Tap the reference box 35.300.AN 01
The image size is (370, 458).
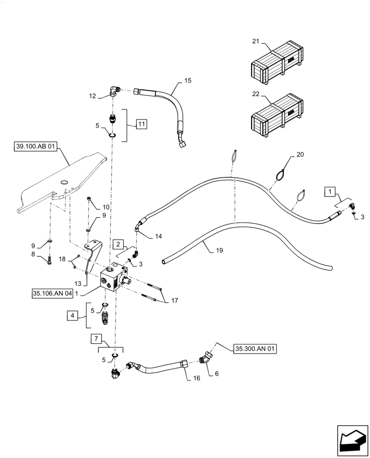pyautogui.click(x=255, y=348)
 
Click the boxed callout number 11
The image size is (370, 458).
pyautogui.click(x=142, y=124)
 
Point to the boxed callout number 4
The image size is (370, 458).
pyautogui.click(x=72, y=315)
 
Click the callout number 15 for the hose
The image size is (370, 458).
pyautogui.click(x=188, y=81)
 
